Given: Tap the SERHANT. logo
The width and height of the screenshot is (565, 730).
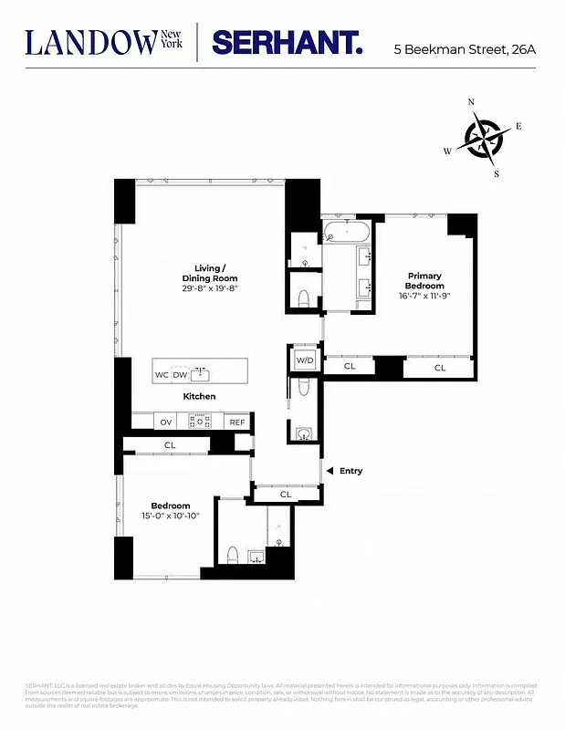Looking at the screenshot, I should [287, 43].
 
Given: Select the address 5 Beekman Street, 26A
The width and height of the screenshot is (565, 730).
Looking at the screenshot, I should [465, 47].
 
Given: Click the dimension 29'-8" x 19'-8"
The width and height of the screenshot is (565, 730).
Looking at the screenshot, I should [209, 288].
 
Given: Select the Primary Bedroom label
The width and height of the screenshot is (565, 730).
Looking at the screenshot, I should [425, 280].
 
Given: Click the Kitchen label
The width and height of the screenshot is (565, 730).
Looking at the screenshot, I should [199, 396].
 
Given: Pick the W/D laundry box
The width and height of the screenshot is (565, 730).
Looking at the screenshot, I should [304, 360].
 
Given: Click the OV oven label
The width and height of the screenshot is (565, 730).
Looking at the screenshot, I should [166, 422].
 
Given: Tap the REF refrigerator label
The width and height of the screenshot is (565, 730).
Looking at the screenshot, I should [236, 422].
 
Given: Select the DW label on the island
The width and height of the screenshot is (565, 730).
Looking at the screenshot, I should [180, 374].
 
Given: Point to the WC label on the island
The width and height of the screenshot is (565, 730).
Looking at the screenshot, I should [162, 374].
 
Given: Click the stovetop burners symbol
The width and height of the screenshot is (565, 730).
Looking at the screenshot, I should [201, 422].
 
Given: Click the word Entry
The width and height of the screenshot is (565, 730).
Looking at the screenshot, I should [351, 471].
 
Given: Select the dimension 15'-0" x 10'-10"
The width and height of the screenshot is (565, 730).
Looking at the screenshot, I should [171, 516].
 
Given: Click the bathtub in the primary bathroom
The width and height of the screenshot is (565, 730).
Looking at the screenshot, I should [346, 229].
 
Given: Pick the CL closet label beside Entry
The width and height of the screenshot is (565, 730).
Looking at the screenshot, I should [285, 495].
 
